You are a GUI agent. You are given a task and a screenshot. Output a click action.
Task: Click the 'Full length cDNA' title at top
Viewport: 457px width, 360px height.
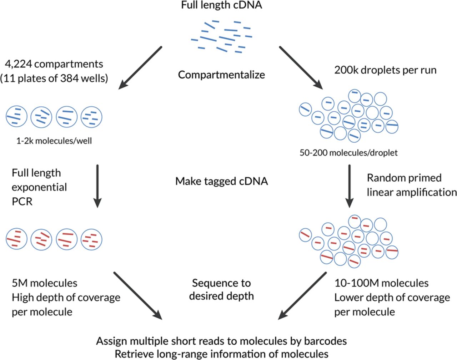pos(221,5)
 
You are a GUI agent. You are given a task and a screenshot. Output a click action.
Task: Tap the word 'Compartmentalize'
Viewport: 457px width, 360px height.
pos(221,75)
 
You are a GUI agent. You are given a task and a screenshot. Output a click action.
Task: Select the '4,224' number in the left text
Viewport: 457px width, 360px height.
pos(19,64)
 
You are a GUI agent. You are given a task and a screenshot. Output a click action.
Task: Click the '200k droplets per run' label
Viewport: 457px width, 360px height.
pos(385,70)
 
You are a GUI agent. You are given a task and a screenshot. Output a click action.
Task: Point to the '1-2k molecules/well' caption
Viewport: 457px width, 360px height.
pos(54,141)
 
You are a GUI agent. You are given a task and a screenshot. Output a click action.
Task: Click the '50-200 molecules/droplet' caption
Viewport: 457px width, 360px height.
pos(348,153)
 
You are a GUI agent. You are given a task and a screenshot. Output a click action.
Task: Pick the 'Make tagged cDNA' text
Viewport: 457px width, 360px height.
pos(221,181)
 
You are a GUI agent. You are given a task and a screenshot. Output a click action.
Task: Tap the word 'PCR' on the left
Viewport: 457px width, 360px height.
pos(22,202)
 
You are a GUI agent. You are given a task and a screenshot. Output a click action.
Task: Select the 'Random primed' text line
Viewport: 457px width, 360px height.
pos(404,178)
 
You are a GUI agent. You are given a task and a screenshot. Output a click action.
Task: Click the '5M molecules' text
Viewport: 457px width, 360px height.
pos(45,283)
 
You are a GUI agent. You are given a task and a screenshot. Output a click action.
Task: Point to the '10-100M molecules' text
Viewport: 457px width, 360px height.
pos(381,283)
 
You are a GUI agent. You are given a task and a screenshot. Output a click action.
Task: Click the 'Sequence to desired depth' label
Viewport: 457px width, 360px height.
pos(221,289)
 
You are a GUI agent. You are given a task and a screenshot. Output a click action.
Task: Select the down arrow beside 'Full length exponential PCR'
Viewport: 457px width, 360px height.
pos(97,186)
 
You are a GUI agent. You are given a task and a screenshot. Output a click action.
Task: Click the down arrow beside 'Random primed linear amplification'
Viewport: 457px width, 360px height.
pos(349,186)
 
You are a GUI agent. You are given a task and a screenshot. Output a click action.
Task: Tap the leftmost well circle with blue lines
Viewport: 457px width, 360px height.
pos(16,117)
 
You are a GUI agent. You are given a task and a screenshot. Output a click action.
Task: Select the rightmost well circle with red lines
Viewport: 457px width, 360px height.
pos(91,239)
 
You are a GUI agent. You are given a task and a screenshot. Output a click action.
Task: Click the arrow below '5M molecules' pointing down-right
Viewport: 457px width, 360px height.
pos(137,295)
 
